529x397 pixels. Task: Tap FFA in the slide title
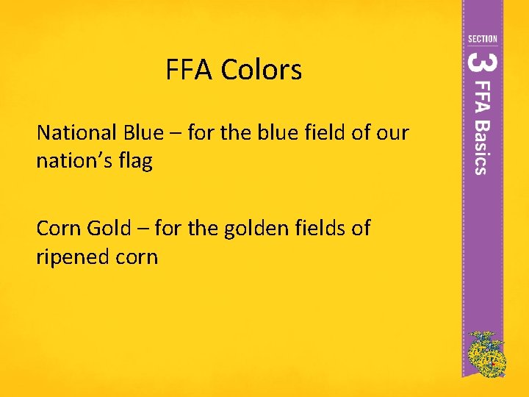click(x=190, y=71)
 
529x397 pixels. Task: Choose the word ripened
click(x=76, y=257)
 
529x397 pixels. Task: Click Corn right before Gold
click(x=59, y=229)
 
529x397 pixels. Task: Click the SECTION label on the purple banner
click(x=482, y=38)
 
